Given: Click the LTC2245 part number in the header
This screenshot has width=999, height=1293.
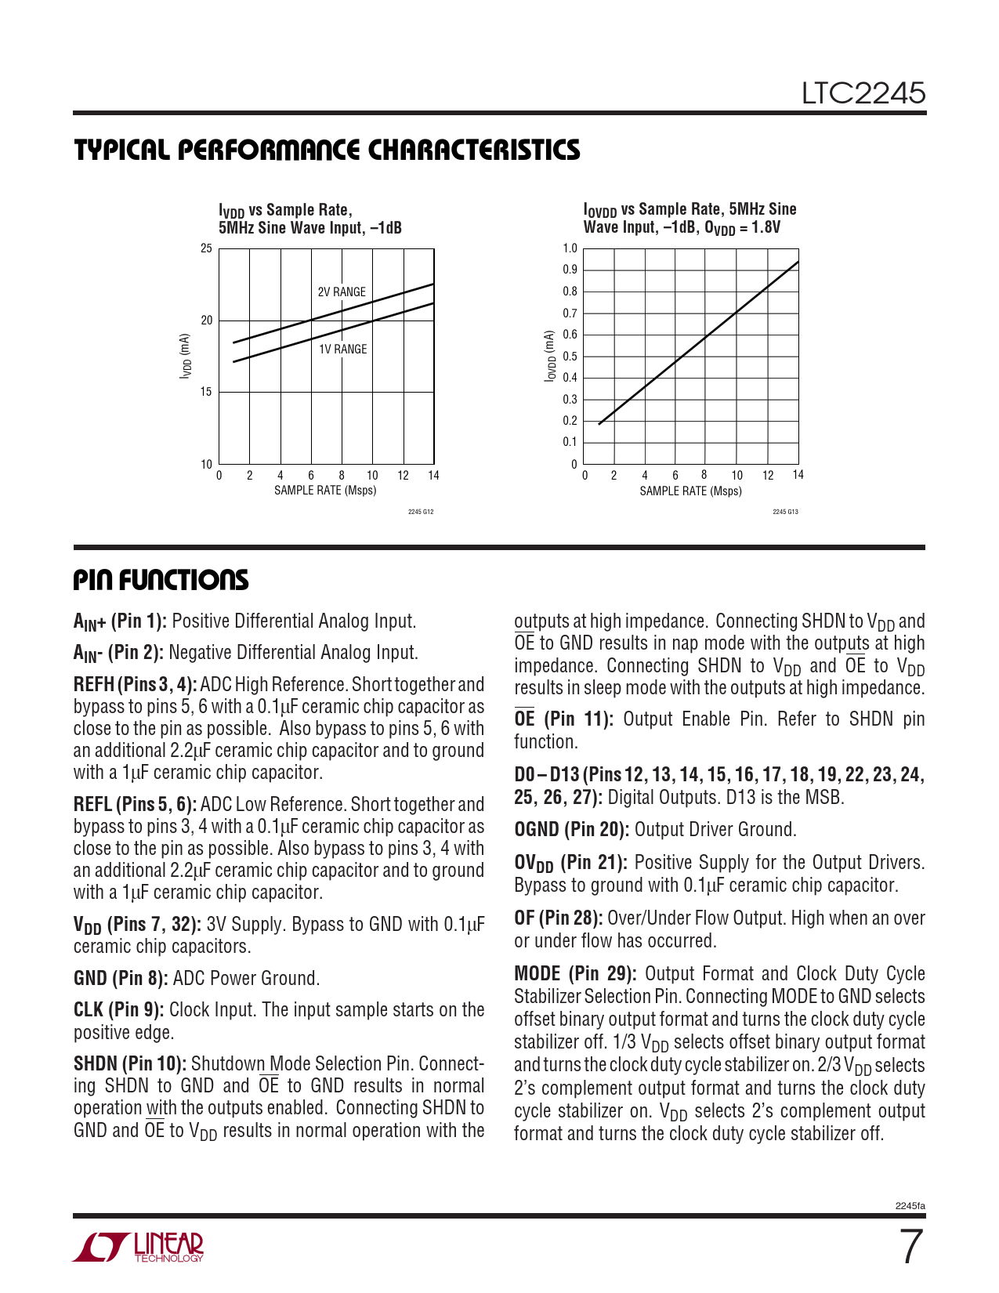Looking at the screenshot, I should (863, 94).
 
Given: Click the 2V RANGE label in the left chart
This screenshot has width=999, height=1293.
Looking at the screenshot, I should (342, 292).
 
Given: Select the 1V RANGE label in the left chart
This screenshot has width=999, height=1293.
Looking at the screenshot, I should (342, 350).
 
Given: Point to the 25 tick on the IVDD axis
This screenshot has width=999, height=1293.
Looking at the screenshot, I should (206, 248).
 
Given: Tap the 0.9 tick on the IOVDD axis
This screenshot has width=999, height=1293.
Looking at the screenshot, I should (570, 270).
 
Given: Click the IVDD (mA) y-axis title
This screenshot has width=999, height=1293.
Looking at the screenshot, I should (185, 357).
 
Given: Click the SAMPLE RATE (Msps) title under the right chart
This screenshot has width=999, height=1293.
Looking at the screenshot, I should (690, 491).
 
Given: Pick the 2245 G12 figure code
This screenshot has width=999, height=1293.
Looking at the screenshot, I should (421, 512).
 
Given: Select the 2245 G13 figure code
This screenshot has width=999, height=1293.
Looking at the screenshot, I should (785, 512).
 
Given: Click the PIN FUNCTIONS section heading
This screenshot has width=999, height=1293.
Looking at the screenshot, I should (161, 581).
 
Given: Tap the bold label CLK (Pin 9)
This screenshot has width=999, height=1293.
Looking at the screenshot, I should (118, 1010).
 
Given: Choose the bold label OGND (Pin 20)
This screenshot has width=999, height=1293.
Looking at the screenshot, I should (571, 830).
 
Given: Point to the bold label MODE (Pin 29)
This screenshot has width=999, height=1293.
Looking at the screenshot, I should (574, 974).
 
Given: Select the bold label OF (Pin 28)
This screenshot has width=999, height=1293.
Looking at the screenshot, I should (558, 918).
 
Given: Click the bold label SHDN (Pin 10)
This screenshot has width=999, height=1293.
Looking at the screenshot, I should (129, 1064).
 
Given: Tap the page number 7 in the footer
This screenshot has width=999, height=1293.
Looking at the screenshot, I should (910, 1248).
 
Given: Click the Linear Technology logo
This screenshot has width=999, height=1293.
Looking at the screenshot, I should (139, 1248).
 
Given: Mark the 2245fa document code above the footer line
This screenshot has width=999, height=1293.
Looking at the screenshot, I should (910, 1206).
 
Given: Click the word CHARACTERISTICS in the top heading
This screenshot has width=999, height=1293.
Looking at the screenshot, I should (474, 150).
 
